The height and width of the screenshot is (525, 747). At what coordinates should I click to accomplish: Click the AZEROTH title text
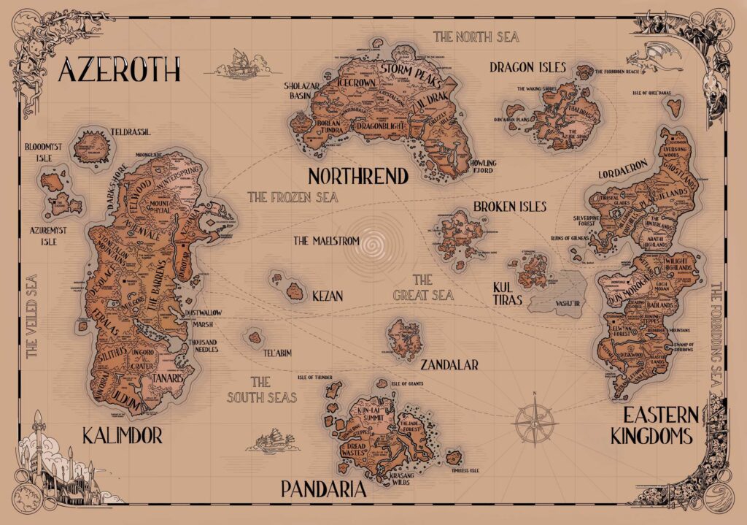coord(119,71)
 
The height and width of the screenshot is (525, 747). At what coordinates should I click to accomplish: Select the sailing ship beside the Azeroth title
coord(239,64)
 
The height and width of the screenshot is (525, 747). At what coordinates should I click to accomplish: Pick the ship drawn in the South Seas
coord(271,440)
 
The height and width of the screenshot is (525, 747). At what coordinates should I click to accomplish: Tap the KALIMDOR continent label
coord(122,437)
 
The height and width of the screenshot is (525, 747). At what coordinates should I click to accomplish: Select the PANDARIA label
coord(323,488)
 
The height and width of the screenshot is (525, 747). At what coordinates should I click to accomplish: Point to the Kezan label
coord(326,296)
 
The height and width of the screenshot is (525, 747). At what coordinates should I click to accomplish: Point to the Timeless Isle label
coord(463,471)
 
